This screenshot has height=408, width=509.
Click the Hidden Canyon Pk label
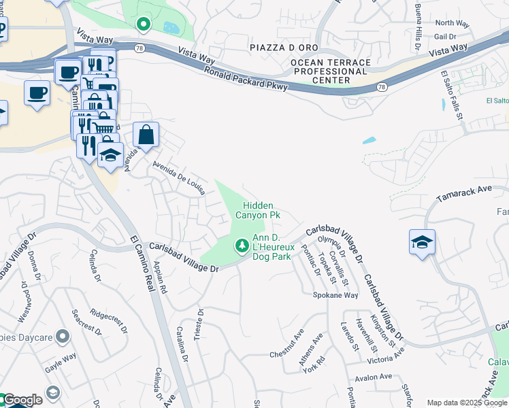click(257, 210)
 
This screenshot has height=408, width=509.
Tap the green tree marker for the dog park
click(241, 245)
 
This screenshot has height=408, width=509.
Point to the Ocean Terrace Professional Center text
click(331, 71)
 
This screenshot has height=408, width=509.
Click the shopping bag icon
click(146, 135)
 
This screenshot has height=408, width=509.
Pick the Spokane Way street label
click(335, 296)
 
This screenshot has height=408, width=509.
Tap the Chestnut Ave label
click(286, 345)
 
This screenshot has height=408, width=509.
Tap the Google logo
click(22, 400)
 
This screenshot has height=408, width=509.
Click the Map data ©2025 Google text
click(467, 403)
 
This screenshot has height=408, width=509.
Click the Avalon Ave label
click(372, 377)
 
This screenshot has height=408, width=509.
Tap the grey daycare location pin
click(63, 336)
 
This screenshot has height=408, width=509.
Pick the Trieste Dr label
click(199, 326)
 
